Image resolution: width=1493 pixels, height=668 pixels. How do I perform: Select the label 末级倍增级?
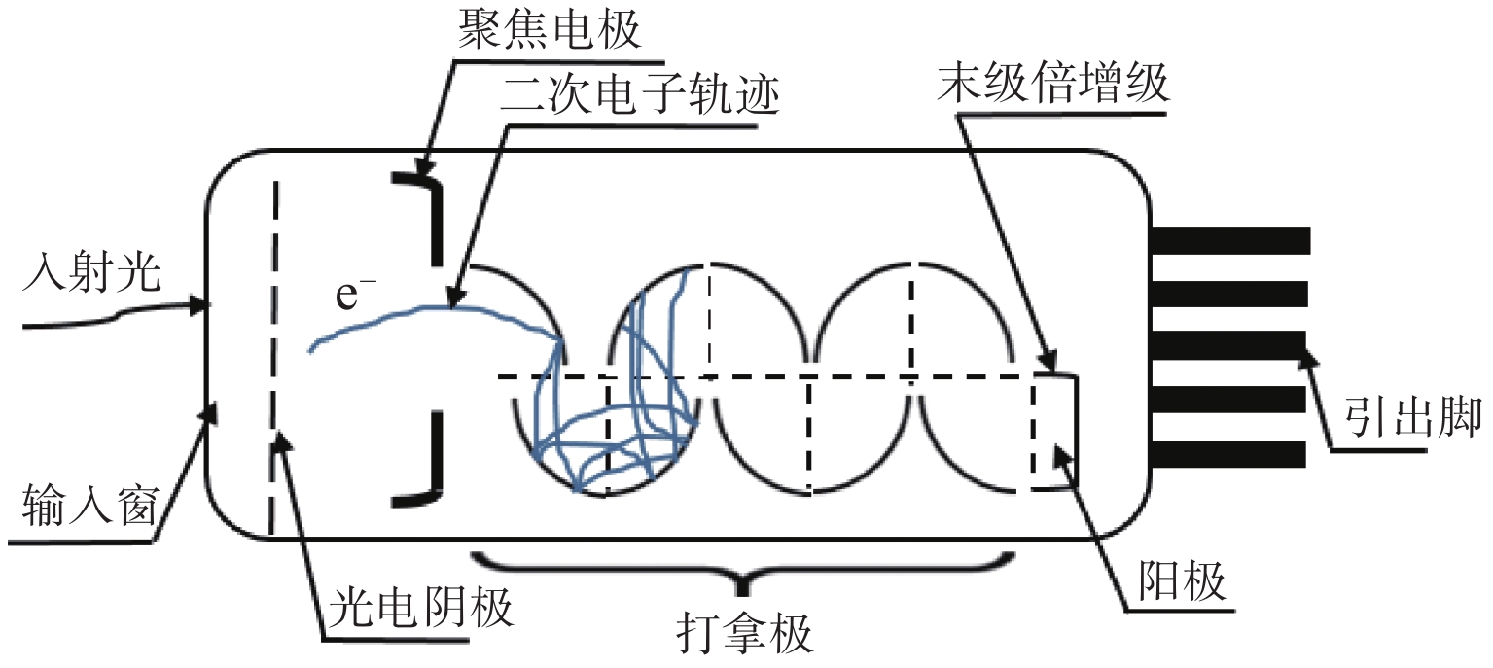(x=1054, y=88)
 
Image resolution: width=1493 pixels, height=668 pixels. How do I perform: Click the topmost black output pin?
(x=1229, y=238)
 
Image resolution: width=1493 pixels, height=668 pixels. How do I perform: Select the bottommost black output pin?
(x=1229, y=453)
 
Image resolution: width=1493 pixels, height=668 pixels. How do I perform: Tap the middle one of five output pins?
(x=1229, y=345)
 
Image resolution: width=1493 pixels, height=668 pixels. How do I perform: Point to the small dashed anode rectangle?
(x=1054, y=432)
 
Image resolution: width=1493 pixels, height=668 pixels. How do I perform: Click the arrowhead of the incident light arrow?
(x=201, y=307)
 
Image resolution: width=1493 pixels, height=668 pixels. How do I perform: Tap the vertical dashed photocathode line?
(x=274, y=360)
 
